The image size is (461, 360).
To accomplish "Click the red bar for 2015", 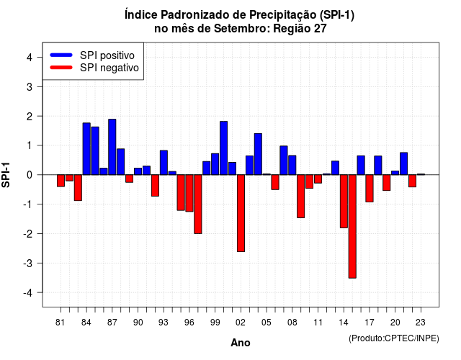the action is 352,226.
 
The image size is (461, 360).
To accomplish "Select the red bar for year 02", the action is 241,213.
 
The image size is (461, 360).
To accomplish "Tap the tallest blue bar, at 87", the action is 112,147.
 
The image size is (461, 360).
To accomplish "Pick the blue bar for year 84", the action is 86,149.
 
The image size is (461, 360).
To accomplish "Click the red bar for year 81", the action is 61,181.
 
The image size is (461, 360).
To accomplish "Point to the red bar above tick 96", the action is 189,193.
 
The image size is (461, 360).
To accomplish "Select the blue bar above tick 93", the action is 164,163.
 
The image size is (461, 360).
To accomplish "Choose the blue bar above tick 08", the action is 292,165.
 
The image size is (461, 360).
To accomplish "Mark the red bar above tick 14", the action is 344,201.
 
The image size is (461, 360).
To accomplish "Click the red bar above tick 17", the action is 370,188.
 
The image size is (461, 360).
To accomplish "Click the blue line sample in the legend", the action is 61,55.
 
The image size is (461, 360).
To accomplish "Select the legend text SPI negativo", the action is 109,68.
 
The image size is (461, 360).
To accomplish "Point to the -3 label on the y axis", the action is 28,263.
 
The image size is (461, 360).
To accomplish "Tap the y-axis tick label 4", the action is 30,58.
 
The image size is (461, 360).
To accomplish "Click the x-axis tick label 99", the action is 215,323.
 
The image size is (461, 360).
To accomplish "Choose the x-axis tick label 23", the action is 421,323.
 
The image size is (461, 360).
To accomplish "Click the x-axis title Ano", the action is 241,343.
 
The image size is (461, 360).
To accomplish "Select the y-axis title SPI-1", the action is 6,175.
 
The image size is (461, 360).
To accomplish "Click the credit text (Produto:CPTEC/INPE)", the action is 394,338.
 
